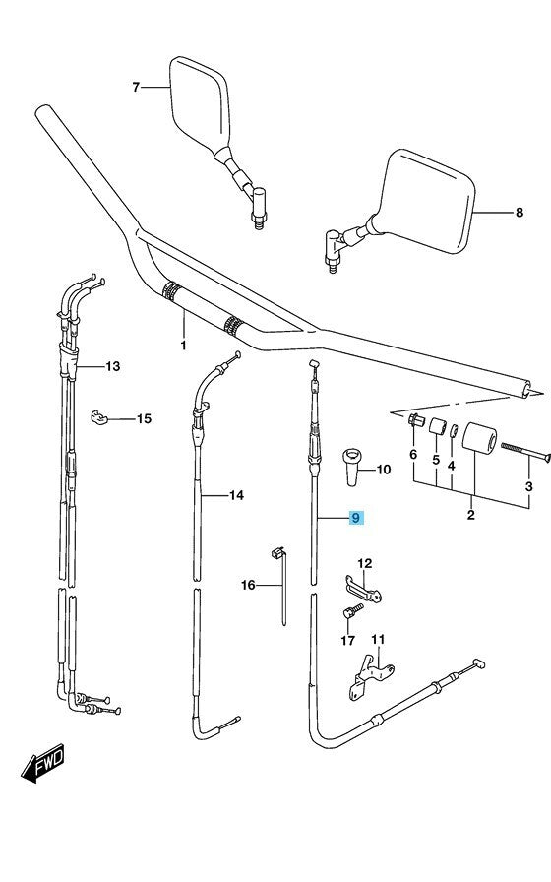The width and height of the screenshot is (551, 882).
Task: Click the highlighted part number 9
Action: click(x=357, y=518)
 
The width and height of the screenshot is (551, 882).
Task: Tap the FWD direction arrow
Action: click(x=42, y=763)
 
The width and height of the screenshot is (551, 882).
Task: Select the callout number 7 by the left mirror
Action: click(x=137, y=88)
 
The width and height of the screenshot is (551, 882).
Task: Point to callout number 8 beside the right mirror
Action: click(x=520, y=212)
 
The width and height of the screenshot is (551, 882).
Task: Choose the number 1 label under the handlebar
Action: click(x=183, y=346)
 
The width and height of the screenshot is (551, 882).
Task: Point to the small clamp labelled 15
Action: click(x=100, y=417)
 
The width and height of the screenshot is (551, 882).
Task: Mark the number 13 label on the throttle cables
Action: click(x=112, y=367)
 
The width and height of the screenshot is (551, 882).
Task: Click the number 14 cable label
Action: click(x=235, y=495)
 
